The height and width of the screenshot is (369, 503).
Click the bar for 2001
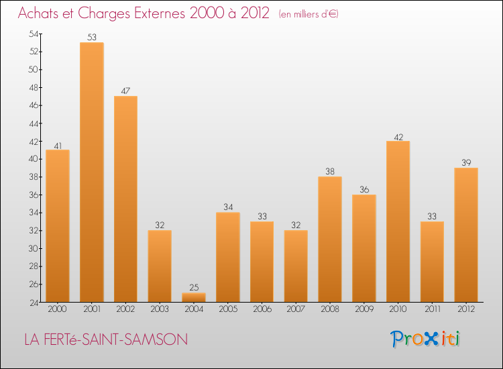coord(92,172)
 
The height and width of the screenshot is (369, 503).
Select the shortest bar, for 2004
coord(194,297)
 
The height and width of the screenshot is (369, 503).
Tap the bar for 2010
coord(398,221)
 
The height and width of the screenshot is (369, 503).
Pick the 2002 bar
coord(125,199)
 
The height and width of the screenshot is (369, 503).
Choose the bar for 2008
coord(330,240)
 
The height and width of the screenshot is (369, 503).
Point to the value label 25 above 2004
coord(194,288)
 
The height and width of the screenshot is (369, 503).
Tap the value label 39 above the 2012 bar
coord(466,162)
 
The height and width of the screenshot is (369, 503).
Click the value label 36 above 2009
coord(364,189)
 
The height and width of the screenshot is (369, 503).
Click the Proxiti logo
coord(426,339)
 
